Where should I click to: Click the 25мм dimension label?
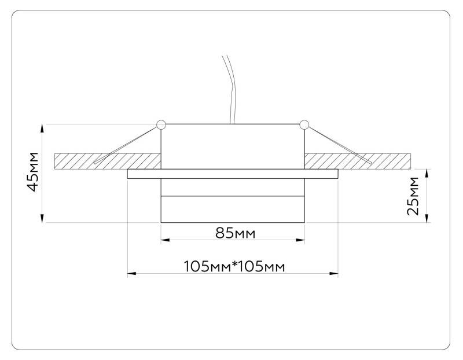pyautogui.click(x=413, y=196)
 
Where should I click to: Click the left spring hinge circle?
pyautogui.click(x=161, y=124)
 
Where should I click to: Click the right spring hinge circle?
pyautogui.click(x=304, y=124)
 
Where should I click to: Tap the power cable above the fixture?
pyautogui.click(x=229, y=87)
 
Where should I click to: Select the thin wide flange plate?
pyautogui.click(x=232, y=174)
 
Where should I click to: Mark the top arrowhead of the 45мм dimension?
pyautogui.click(x=42, y=128)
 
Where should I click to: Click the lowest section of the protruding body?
pyautogui.click(x=232, y=210)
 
